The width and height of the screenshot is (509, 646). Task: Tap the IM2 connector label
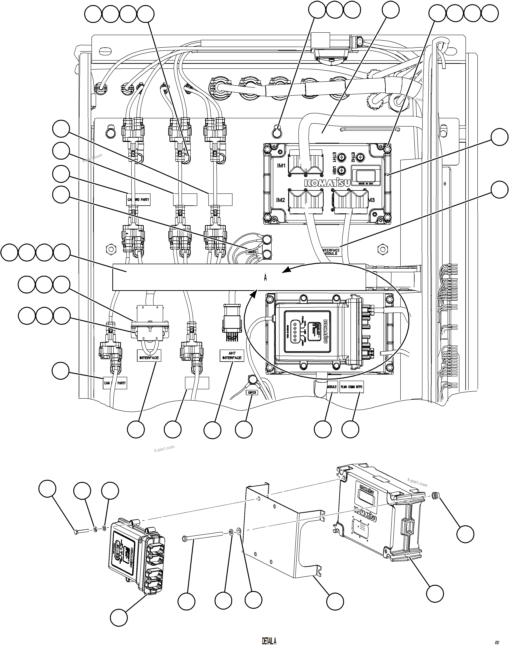pos(280,200)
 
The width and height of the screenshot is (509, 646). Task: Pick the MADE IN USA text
pos(366,184)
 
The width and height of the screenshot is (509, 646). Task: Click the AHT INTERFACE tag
pos(232,355)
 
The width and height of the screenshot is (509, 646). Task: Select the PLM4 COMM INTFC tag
pos(351,387)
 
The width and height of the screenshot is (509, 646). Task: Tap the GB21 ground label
pos(252,393)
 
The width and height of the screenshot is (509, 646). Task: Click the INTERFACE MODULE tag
pos(331,252)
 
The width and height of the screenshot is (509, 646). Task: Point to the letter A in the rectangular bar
pos(265,278)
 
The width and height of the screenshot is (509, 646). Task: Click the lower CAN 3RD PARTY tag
pos(115,383)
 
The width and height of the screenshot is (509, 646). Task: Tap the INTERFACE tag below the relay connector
pos(149,357)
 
